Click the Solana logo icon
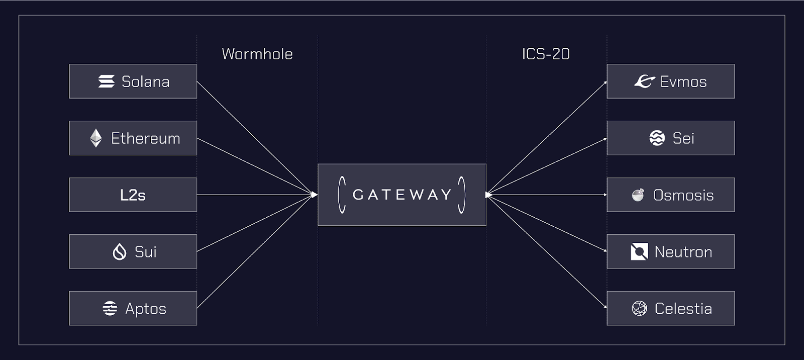pyautogui.click(x=107, y=81)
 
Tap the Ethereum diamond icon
pyautogui.click(x=96, y=138)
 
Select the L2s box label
pyautogui.click(x=133, y=195)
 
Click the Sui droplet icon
pyautogui.click(x=120, y=251)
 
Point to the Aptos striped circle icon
pyautogui.click(x=110, y=308)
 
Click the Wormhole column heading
pyautogui.click(x=257, y=54)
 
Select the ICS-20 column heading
pyautogui.click(x=546, y=54)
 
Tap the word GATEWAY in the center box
pyautogui.click(x=402, y=195)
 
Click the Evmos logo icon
pyautogui.click(x=645, y=81)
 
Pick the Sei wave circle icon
pyautogui.click(x=657, y=138)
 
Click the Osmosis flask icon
pyautogui.click(x=638, y=195)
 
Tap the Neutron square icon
pyautogui.click(x=639, y=251)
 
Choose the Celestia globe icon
pyautogui.click(x=639, y=308)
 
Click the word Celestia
pyautogui.click(x=683, y=309)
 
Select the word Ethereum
pyautogui.click(x=146, y=138)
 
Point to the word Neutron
pyautogui.click(x=683, y=252)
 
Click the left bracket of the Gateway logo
pyautogui.click(x=341, y=195)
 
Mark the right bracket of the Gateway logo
pyautogui.click(x=462, y=195)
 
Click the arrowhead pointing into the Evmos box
pyautogui.click(x=605, y=83)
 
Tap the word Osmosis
pyautogui.click(x=683, y=195)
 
